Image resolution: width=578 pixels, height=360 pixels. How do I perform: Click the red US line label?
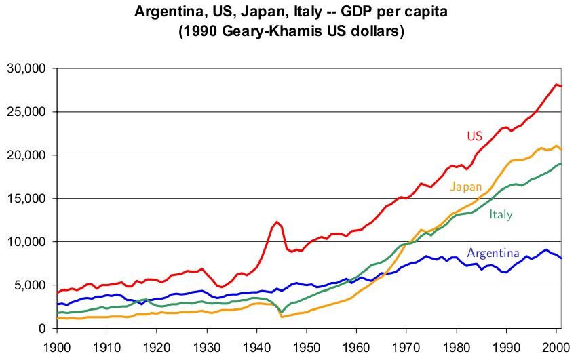click(474, 136)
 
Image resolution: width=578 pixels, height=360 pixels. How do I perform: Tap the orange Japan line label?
click(466, 186)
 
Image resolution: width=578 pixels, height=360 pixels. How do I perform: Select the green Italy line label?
click(501, 214)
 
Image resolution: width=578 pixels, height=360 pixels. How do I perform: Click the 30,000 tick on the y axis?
click(26, 68)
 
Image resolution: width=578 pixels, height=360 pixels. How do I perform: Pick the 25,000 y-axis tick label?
click(26, 112)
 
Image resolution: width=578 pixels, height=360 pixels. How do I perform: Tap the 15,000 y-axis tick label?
click(26, 199)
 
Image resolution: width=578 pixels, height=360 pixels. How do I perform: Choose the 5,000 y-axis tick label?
click(28, 285)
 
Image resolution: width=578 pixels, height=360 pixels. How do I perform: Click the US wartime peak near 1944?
click(277, 222)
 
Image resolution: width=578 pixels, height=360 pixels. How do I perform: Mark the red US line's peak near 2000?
click(556, 85)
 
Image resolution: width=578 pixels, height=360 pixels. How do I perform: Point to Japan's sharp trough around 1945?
click(282, 317)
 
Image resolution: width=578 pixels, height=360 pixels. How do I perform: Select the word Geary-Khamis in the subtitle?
click(265, 32)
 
